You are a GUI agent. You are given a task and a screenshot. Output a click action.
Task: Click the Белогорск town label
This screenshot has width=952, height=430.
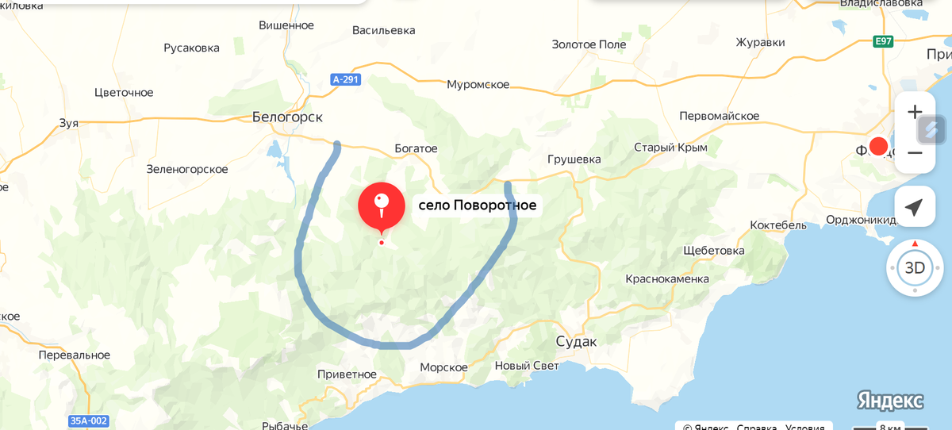coord(287,117)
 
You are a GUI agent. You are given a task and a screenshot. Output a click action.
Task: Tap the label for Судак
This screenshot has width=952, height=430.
coord(575,341)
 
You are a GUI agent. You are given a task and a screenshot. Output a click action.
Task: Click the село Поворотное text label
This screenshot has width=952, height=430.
coord(477,205)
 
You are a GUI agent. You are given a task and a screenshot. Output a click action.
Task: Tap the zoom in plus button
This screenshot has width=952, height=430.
coord(915,112)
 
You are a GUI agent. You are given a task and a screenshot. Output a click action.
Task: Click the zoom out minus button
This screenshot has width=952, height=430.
coord(915,152)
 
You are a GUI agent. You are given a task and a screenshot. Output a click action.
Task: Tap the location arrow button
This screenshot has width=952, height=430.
coord(914,207)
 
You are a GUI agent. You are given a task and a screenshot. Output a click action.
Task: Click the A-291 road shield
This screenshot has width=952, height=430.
coord(347,79)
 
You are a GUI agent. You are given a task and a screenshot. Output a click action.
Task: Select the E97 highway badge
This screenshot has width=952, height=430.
coord(883,40)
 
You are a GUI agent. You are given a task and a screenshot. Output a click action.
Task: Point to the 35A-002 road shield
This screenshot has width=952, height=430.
coord(88,420)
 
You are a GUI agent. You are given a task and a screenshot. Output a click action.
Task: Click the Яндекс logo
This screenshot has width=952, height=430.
coord(889,401)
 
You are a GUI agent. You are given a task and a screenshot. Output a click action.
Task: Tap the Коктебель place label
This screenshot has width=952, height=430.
coord(778,225)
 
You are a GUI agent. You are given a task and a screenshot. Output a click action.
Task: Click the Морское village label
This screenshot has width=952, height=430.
coord(443,367)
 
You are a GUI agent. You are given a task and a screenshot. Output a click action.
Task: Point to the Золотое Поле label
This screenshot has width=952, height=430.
coord(589,44)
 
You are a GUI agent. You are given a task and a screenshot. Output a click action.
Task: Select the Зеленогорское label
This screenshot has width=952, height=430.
coord(187,169)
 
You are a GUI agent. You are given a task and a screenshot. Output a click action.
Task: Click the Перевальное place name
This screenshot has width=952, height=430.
coord(75,355)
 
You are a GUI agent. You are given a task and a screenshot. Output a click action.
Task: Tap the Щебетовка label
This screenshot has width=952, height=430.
coord(714,251)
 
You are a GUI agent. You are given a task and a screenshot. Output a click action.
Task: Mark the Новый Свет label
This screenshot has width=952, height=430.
coord(527,366)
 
